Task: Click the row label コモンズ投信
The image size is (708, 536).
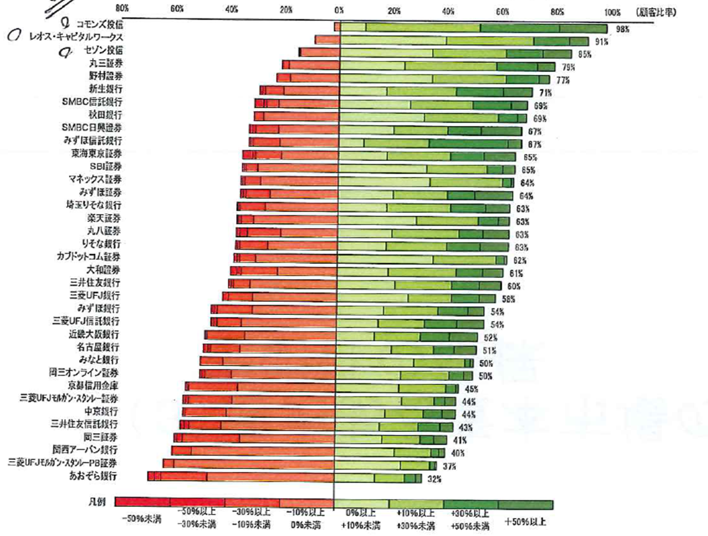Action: coord(99,24)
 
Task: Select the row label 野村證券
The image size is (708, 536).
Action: coord(104,76)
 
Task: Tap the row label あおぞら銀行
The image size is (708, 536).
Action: coord(93,476)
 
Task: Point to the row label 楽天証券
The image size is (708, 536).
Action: coord(104,218)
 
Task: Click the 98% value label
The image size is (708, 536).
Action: coord(622,29)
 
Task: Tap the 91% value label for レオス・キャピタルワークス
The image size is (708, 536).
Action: coord(603,42)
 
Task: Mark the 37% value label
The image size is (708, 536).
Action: coord(449,466)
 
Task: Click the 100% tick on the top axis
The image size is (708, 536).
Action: coord(612,11)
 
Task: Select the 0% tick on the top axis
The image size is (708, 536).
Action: coord(339,11)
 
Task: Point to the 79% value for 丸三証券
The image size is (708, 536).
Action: coord(569,67)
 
